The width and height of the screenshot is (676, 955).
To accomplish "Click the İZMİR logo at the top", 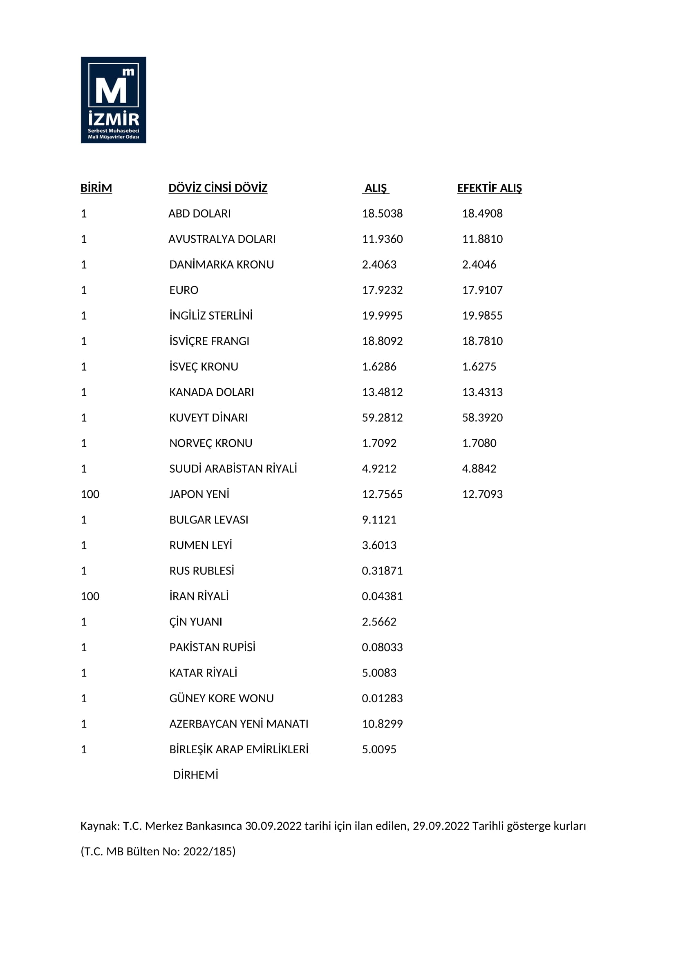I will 113,100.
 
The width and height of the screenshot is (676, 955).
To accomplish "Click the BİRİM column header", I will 96,188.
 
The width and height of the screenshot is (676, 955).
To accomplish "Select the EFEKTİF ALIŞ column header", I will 489,188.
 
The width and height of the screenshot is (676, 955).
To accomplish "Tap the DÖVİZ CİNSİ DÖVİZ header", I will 218,188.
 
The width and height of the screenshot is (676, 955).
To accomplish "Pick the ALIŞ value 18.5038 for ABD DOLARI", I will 382,214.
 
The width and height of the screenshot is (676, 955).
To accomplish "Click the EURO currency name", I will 184,290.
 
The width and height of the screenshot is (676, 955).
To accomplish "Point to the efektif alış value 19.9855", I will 482,315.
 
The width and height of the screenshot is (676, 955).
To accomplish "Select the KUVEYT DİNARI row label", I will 208,418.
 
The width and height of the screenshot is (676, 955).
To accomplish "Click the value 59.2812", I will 382,418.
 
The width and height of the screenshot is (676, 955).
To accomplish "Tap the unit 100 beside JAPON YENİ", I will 90,494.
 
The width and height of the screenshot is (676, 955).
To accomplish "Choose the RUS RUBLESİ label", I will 201,571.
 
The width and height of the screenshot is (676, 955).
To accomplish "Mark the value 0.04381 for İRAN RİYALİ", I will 382,596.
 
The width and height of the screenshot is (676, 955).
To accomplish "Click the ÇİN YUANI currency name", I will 196,622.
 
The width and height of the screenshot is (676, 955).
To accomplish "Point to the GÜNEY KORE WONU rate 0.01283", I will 382,698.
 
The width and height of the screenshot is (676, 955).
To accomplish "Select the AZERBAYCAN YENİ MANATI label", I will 239,724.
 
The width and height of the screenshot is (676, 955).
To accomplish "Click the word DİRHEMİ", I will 196,775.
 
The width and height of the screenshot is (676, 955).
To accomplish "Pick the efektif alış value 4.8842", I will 479,469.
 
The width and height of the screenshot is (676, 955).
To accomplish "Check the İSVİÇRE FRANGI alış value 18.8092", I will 382,341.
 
